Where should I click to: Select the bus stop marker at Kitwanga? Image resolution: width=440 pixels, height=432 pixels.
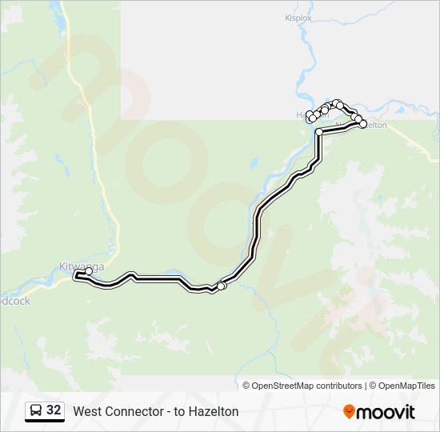(x=89, y=271)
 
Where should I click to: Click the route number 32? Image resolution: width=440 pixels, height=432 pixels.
(x=54, y=410)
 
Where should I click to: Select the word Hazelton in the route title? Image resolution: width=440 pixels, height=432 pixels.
(x=214, y=411)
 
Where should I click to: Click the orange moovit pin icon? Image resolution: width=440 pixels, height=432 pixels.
(x=349, y=412)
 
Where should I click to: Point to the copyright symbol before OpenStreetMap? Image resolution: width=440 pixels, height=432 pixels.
(x=246, y=386)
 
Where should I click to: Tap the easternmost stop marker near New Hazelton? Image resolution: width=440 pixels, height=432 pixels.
(x=362, y=124)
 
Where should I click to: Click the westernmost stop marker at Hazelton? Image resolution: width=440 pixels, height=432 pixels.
(x=310, y=114)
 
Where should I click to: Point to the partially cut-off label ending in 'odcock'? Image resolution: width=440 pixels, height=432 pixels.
(x=14, y=301)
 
